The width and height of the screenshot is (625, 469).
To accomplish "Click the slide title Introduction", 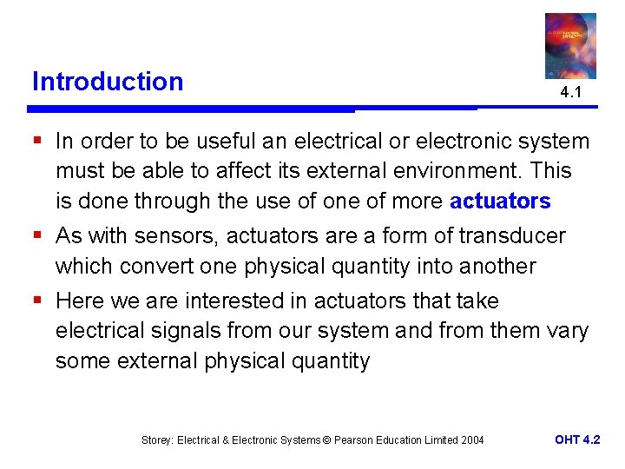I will (108, 82).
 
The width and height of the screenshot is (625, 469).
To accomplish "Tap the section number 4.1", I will (570, 92).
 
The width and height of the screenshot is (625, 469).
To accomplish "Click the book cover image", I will (570, 45).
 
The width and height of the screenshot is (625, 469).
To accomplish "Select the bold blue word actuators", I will (500, 201).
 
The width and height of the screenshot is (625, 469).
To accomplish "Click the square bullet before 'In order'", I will (36, 141).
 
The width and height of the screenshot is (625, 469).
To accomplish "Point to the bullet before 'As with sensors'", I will (36, 236).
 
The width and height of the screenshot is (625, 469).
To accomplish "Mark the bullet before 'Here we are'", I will (36, 301).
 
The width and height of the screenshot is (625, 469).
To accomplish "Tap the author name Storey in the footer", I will (159, 440).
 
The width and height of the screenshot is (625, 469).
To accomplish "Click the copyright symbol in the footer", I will (326, 440).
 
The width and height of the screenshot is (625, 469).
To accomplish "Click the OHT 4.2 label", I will (577, 439).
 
